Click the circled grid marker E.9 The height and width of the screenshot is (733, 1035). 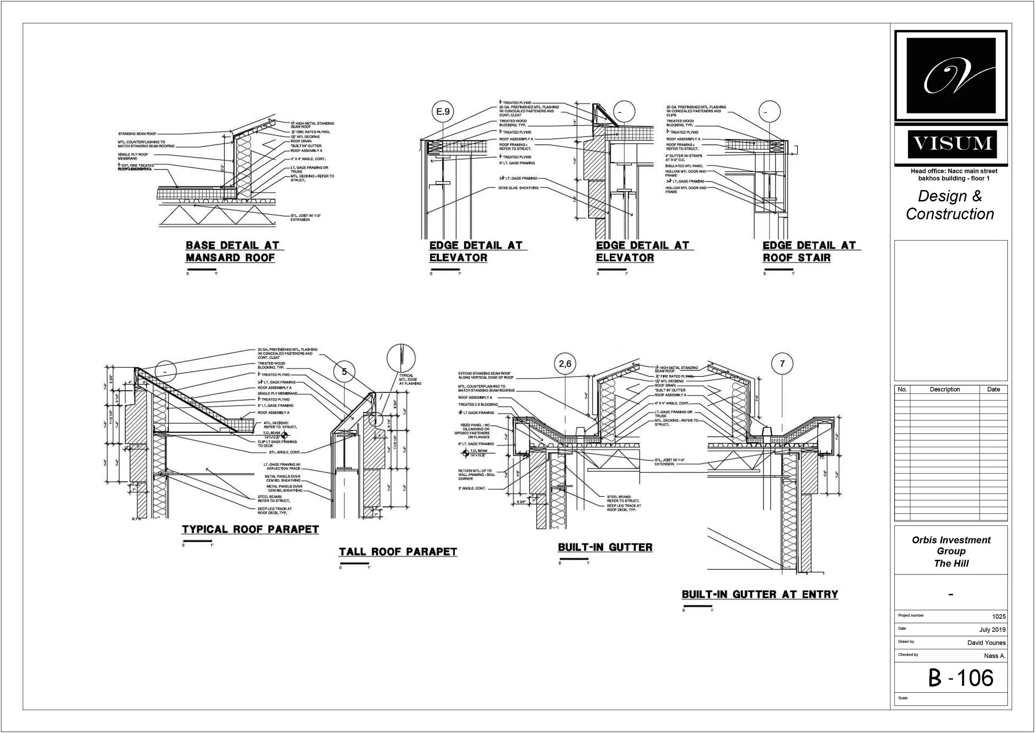click(443, 111)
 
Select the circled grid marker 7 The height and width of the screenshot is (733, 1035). click(782, 364)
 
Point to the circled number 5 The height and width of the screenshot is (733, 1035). click(344, 372)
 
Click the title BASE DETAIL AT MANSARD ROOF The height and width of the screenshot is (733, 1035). click(232, 251)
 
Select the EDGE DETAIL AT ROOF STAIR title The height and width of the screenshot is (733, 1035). click(809, 251)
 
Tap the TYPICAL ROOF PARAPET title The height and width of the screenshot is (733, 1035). click(250, 529)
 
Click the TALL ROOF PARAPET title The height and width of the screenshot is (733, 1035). click(397, 552)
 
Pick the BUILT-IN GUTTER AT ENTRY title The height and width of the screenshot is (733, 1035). click(759, 594)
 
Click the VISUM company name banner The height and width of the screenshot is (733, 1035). click(951, 144)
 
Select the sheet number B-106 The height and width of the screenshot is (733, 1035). click(960, 678)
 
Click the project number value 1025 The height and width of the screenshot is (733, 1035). click(999, 617)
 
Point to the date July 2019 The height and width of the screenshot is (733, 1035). click(992, 629)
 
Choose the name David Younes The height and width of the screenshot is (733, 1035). click(986, 643)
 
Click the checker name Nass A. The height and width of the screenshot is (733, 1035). click(995, 656)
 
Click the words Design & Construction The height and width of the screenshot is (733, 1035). click(950, 205)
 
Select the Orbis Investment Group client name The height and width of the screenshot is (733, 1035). click(951, 546)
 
